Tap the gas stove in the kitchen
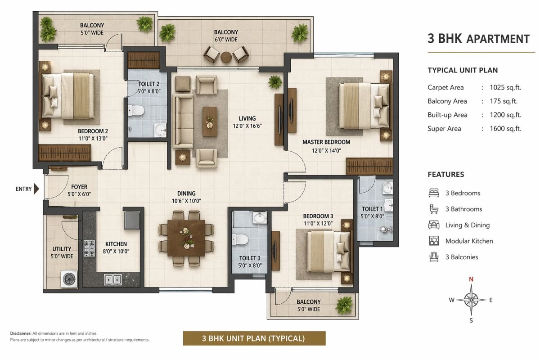89,248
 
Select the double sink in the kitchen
112,279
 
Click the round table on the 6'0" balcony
226,56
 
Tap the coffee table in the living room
209,121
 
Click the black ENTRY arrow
36,189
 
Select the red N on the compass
471,279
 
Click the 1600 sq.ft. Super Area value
505,129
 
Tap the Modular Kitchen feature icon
434,241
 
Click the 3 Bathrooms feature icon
434,209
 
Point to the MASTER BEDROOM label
326,142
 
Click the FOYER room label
79,187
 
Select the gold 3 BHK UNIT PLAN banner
254,338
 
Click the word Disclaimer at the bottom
20,333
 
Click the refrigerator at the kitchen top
133,219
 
